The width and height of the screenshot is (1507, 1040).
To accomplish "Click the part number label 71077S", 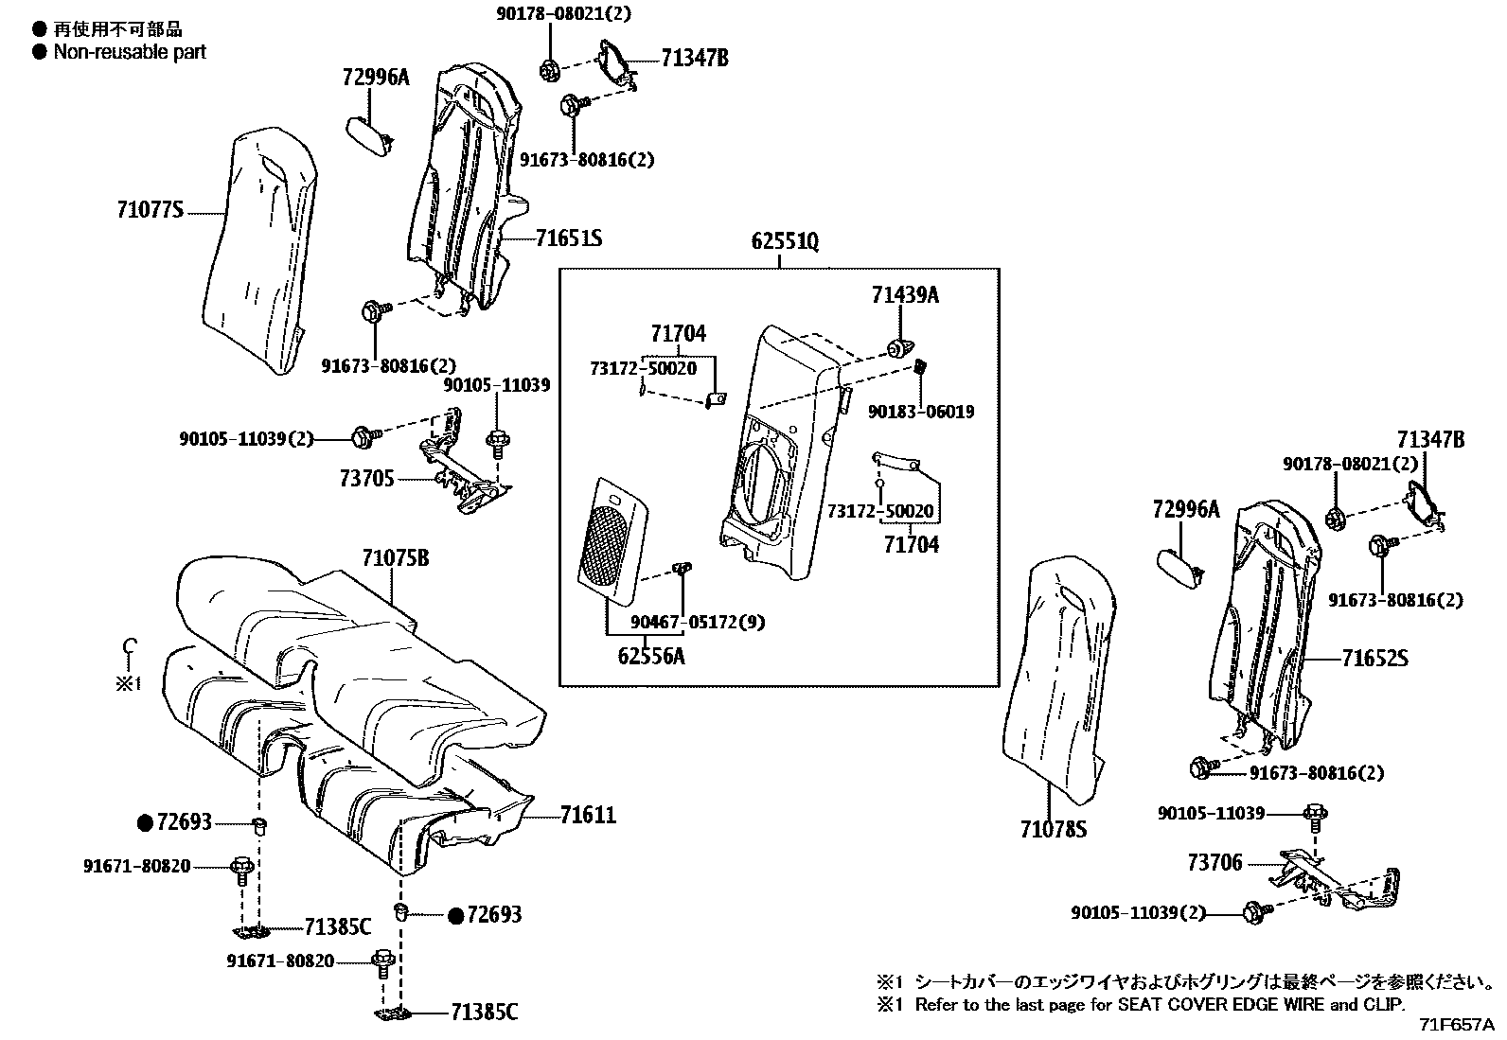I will tap(150, 211).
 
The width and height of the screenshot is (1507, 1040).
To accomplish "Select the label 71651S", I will tap(568, 238).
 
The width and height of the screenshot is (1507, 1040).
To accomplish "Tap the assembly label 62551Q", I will tap(785, 242).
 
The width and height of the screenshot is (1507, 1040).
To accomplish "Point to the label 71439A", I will tap(905, 295).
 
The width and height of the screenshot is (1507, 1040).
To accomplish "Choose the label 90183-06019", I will tap(921, 412).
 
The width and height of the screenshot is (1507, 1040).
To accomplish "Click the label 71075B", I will tap(395, 558).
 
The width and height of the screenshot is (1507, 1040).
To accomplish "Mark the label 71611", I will tap(587, 814).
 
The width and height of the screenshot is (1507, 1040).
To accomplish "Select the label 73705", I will tap(366, 479).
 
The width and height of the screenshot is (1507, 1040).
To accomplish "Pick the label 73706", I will tap(1214, 863).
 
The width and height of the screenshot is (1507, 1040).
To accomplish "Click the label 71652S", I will tap(1374, 657).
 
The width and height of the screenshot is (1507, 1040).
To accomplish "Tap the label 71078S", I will tap(1053, 830).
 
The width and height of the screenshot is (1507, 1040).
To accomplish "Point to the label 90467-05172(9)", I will tap(698, 623).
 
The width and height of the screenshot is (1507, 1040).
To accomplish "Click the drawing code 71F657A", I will tap(1456, 1025).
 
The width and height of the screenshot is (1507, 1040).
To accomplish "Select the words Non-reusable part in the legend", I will tap(130, 52).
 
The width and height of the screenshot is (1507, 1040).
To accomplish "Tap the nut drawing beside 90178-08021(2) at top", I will tap(548, 69).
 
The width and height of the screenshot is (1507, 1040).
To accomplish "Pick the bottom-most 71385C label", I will tap(484, 1013).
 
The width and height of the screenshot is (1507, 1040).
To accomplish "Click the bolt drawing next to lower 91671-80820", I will tap(383, 963).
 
